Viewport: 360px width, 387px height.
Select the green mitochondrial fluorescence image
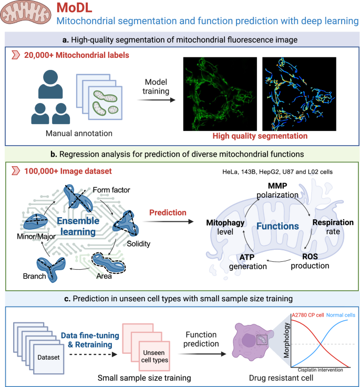point(220,94)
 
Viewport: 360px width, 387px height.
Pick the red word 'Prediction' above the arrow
point(167,213)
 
